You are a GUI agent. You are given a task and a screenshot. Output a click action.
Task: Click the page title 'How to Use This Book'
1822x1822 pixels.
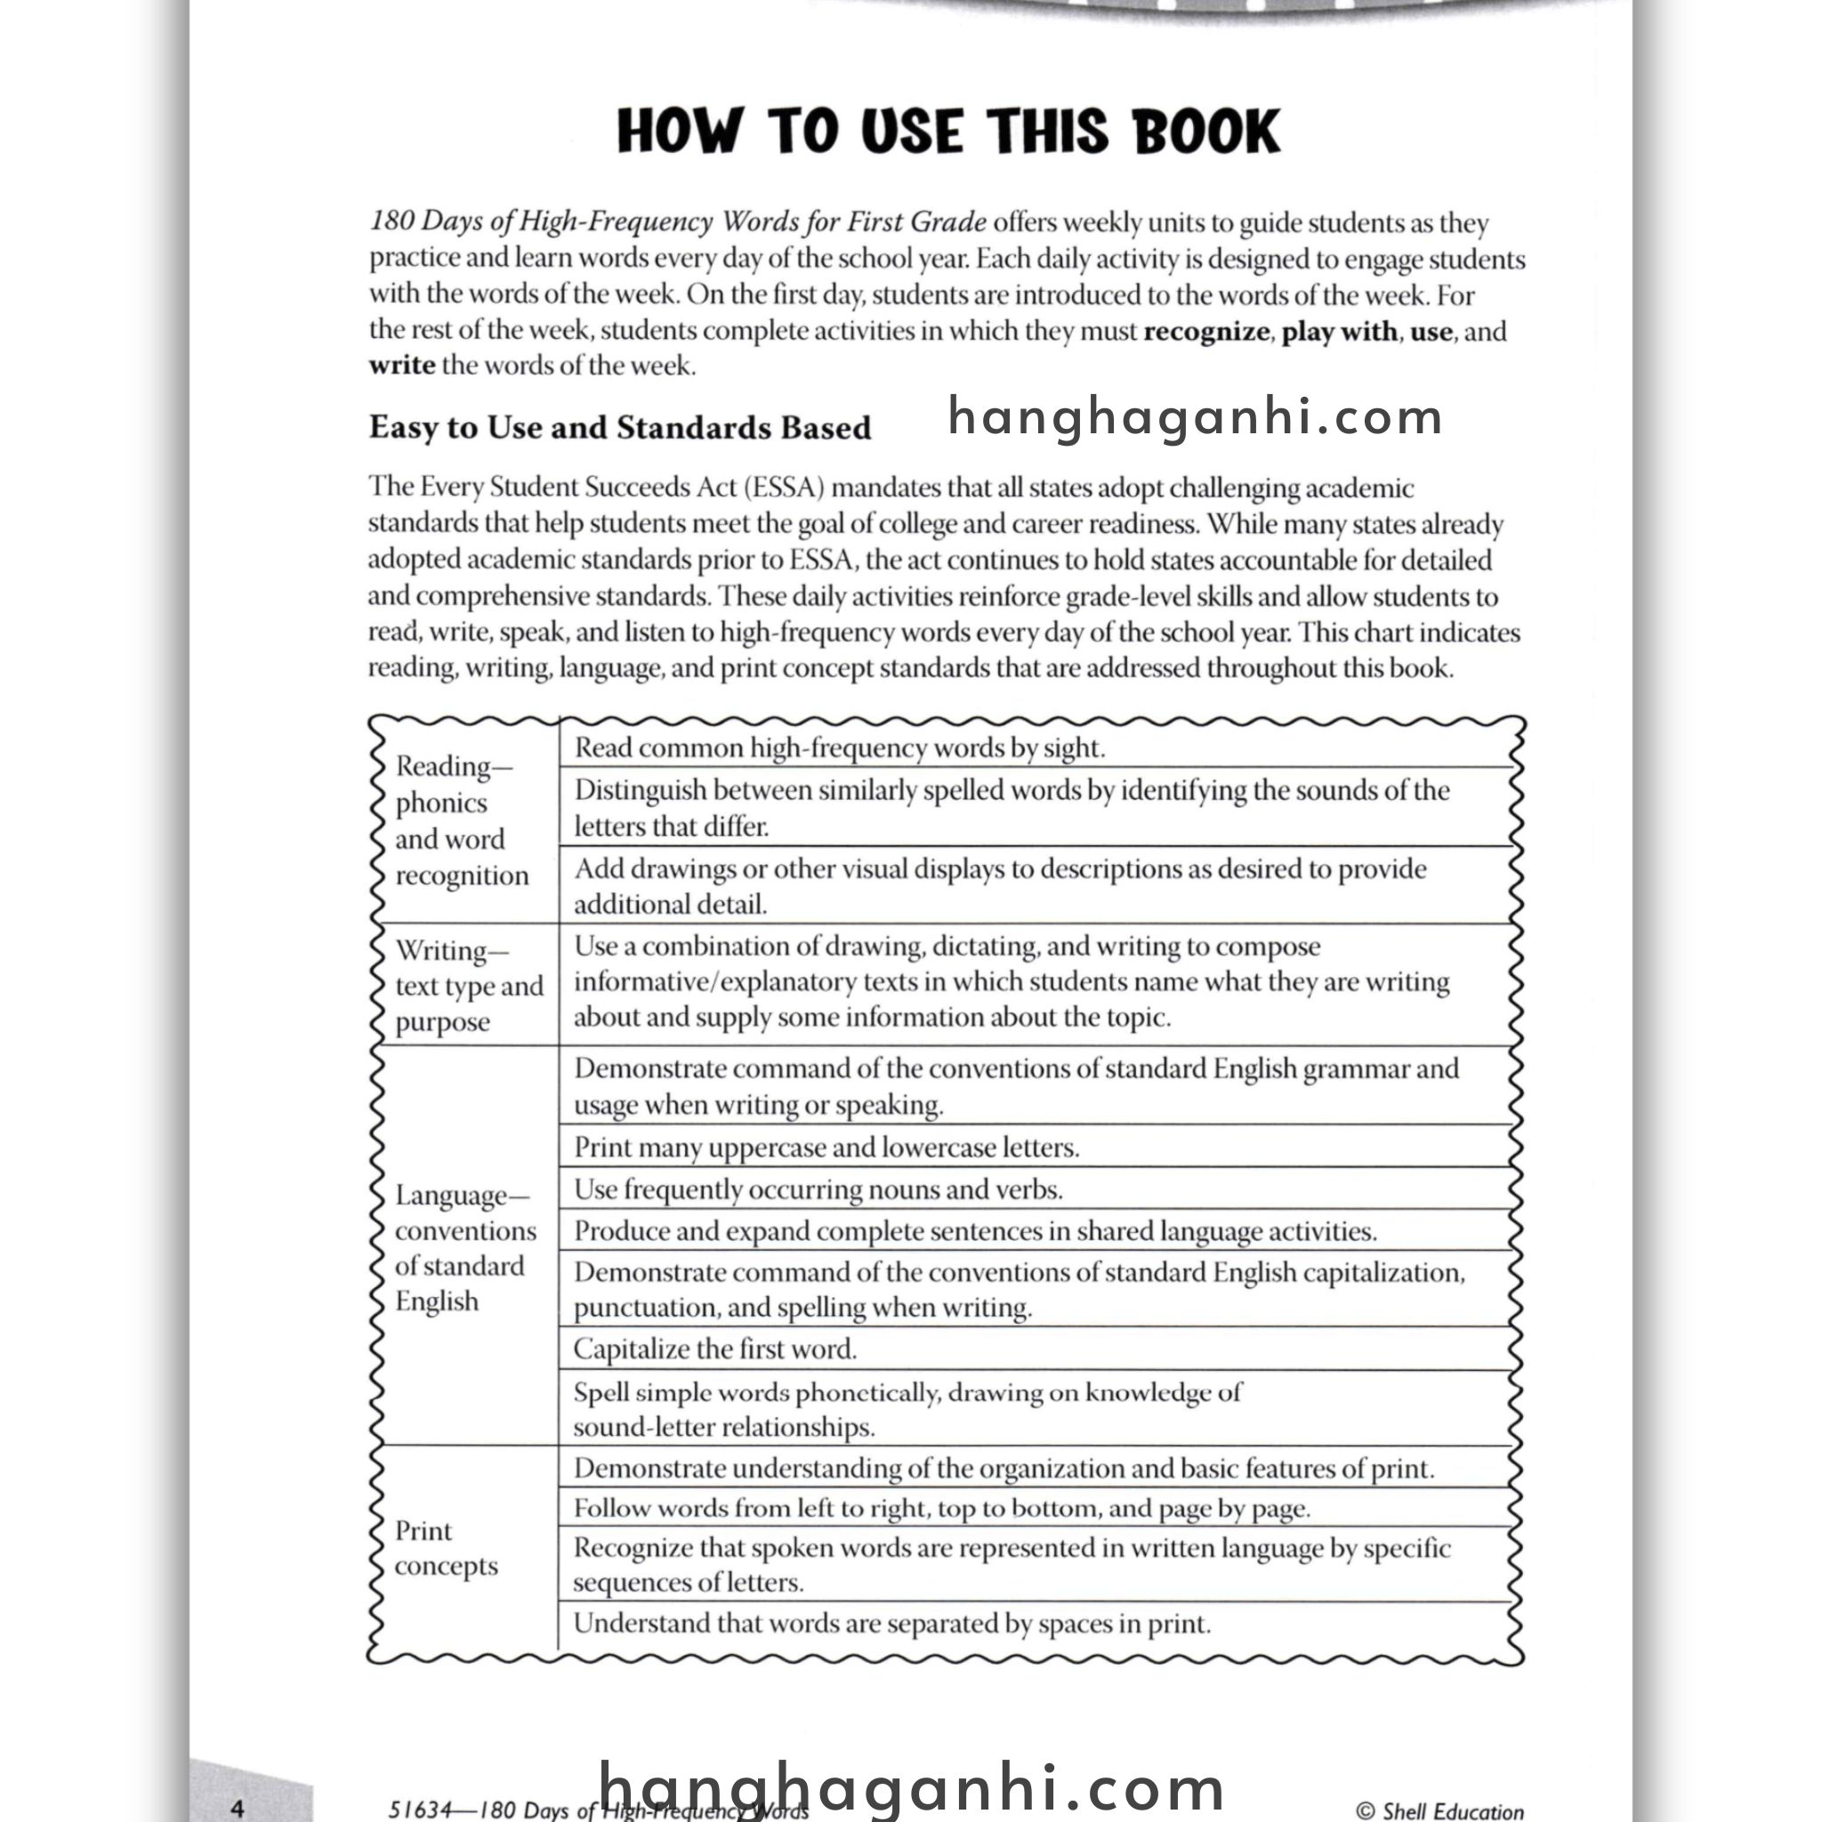coord(947,131)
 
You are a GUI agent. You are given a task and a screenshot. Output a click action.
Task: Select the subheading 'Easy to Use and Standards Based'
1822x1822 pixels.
coord(619,427)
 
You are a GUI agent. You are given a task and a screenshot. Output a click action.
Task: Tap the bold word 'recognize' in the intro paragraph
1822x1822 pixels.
coord(1205,331)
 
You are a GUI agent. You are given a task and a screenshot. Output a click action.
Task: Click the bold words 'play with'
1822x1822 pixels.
coord(1339,331)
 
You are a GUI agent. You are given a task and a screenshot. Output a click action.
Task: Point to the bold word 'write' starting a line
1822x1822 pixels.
coord(402,366)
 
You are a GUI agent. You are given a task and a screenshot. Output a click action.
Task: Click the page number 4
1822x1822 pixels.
coord(238,1808)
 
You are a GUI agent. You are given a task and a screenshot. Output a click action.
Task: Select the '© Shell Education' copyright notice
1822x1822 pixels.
coord(1439,1810)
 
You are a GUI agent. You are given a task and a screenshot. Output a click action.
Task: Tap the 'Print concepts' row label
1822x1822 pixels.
coord(445,1548)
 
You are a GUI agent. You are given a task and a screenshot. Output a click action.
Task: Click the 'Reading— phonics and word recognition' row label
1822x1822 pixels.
coord(461,819)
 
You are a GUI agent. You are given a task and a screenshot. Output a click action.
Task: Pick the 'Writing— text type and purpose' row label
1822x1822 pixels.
coord(468,985)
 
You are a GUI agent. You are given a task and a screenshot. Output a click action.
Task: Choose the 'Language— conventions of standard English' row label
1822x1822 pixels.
coord(464,1246)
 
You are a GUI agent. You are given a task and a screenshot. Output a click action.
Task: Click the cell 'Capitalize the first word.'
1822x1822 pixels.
coord(715,1349)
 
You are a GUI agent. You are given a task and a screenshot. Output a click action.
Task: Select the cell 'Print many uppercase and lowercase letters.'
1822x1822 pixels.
coord(826,1147)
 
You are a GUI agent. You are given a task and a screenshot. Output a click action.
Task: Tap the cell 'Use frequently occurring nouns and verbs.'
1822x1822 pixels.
coord(818,1189)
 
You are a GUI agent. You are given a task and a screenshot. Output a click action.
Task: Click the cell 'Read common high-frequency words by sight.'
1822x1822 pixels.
coord(839,748)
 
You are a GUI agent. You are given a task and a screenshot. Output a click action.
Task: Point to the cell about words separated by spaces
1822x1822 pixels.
coord(891,1623)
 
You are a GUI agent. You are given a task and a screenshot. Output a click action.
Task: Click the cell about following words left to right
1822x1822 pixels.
coord(941,1508)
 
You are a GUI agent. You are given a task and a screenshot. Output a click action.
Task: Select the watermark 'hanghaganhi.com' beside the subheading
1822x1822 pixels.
coord(1195,417)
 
